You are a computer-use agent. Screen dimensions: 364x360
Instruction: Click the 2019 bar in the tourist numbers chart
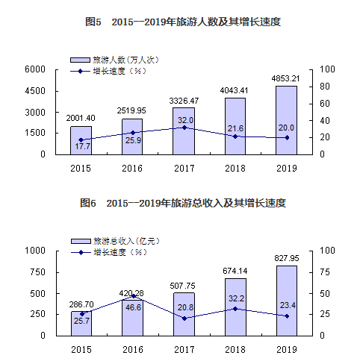[286, 120]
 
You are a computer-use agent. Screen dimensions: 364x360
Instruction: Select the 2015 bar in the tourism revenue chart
[81, 323]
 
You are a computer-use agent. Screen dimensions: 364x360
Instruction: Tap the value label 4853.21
[286, 78]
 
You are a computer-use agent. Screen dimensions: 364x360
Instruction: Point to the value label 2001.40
[81, 119]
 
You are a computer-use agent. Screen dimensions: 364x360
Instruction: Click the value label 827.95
[286, 258]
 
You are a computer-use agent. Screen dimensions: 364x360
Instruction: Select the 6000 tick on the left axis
[35, 69]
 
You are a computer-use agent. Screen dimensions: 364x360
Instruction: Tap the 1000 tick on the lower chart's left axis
[35, 251]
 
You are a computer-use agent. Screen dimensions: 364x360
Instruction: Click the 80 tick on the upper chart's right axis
[326, 87]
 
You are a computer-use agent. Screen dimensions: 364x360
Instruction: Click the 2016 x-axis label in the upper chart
[132, 168]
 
